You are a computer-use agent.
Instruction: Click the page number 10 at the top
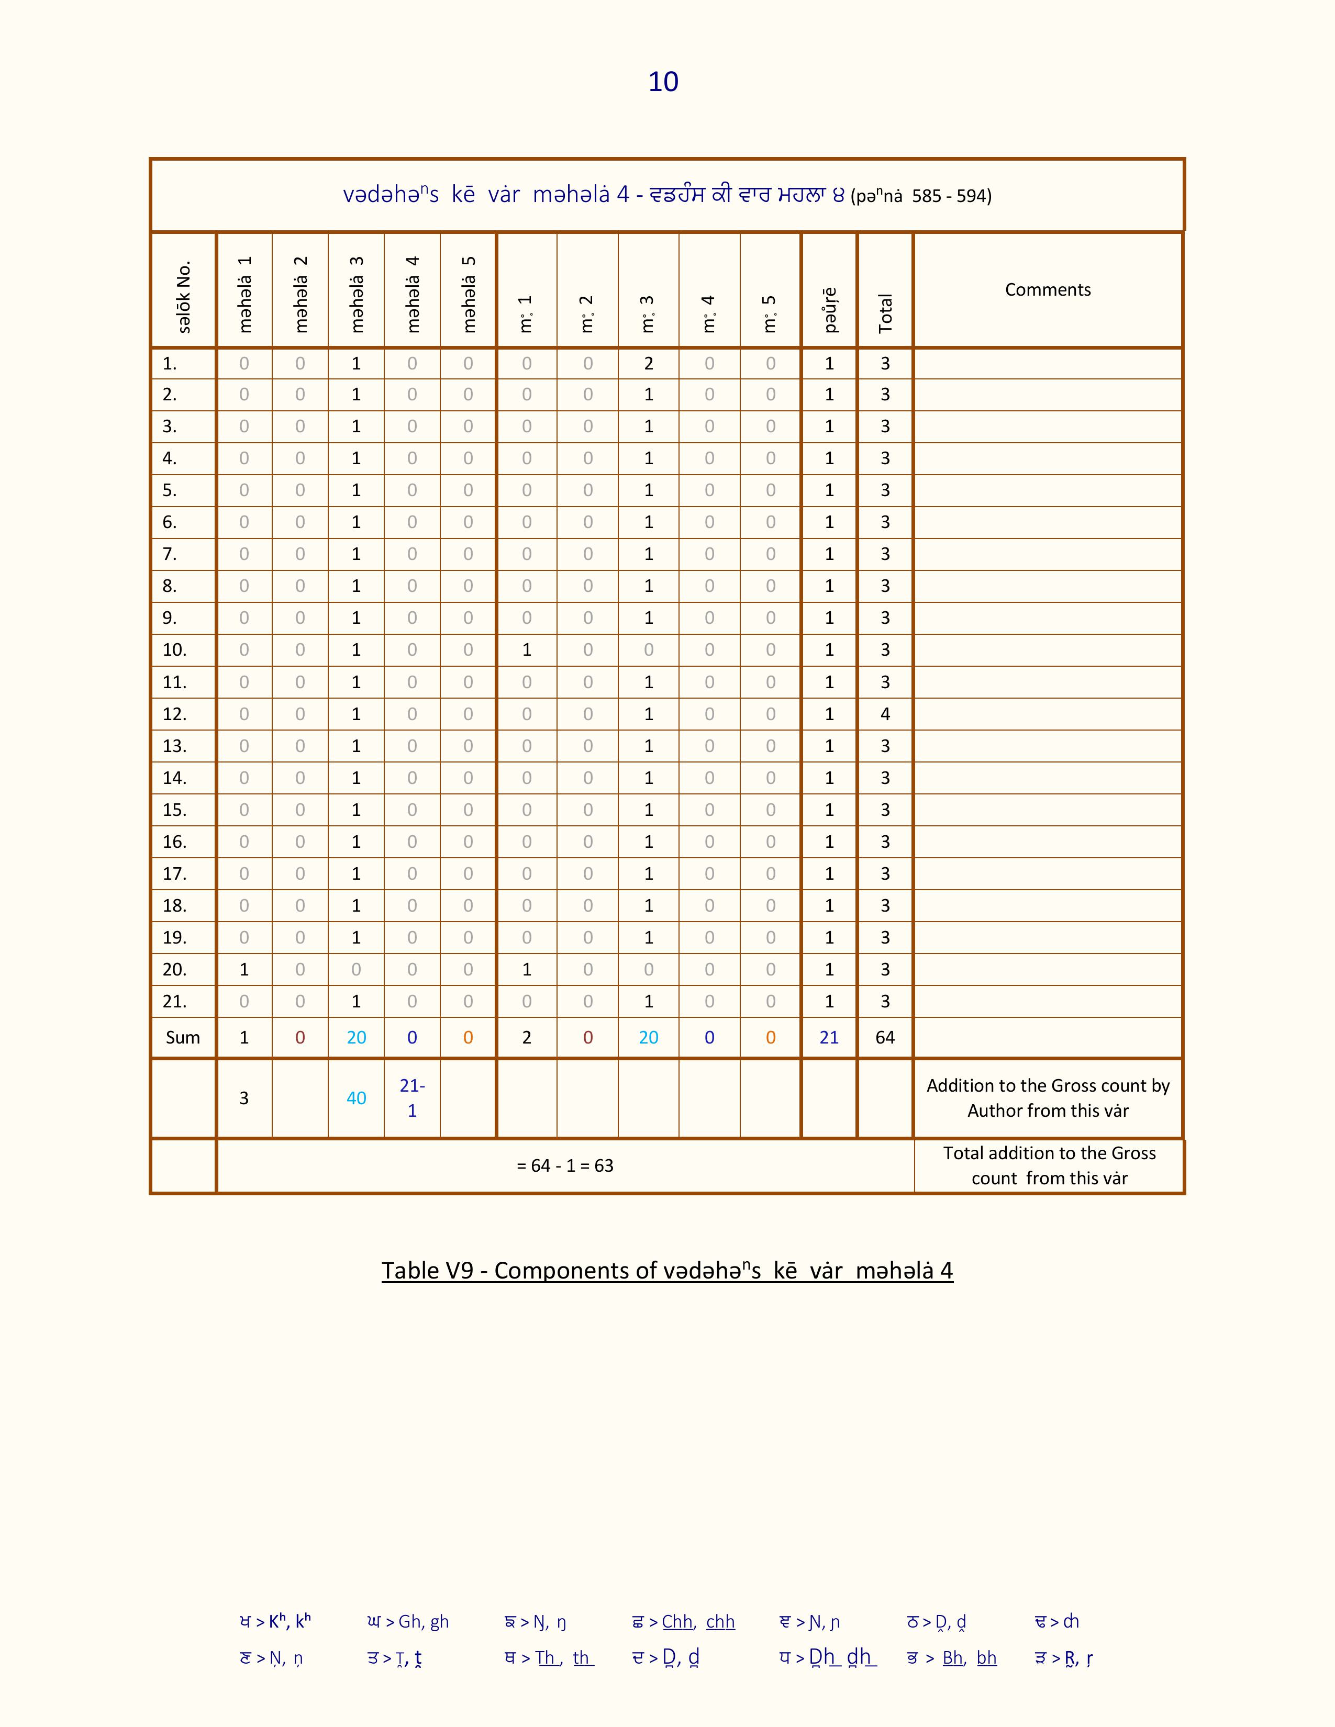[x=663, y=82]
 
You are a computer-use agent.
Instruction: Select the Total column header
[x=885, y=312]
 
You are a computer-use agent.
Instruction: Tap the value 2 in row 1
[x=649, y=363]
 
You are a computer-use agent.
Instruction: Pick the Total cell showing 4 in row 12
[x=885, y=714]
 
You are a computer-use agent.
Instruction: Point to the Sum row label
[x=183, y=1037]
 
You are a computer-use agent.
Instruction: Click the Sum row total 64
[x=885, y=1037]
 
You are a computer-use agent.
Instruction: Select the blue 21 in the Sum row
[x=829, y=1037]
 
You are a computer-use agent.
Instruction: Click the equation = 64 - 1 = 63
[x=565, y=1165]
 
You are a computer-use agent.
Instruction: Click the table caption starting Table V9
[x=666, y=1271]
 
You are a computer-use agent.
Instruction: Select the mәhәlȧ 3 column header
[x=357, y=294]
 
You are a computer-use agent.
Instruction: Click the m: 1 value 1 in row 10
[x=527, y=650]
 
